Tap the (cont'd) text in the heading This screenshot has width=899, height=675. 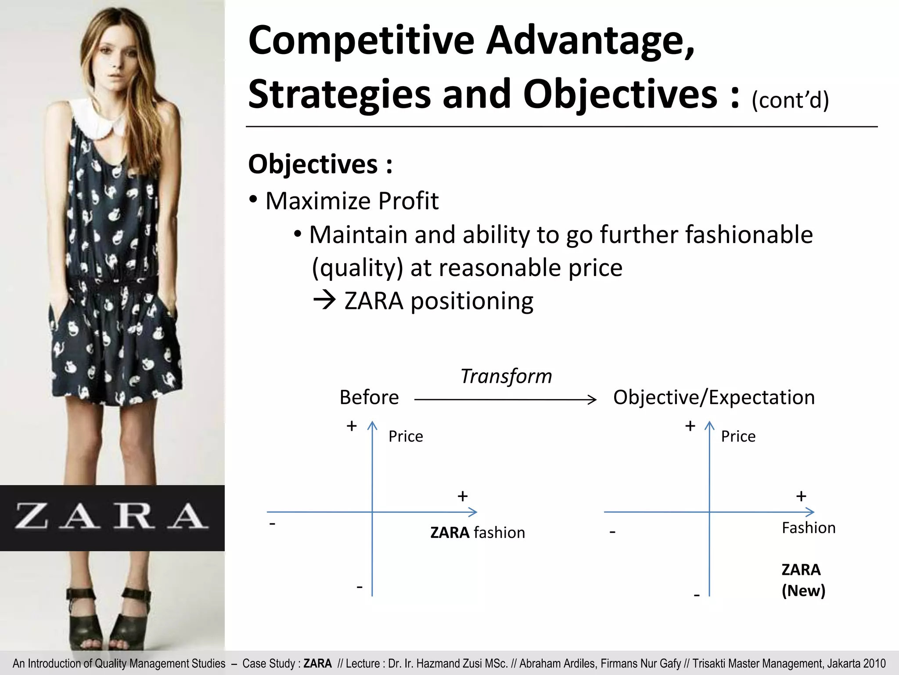(790, 100)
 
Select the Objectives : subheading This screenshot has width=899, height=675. (320, 164)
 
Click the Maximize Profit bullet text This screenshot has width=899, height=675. (352, 201)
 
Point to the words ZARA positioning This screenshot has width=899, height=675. (439, 301)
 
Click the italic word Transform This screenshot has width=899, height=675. (506, 376)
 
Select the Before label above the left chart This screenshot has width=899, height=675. (369, 397)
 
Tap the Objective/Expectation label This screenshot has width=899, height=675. (714, 397)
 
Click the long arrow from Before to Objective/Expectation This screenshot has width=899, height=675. (505, 399)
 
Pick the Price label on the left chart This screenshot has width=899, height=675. (406, 436)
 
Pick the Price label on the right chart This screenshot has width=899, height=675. (738, 436)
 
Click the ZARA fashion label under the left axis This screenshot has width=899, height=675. (478, 533)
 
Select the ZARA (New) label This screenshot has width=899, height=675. (803, 580)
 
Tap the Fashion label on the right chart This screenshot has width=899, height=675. (809, 528)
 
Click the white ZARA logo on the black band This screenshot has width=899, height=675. (112, 516)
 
